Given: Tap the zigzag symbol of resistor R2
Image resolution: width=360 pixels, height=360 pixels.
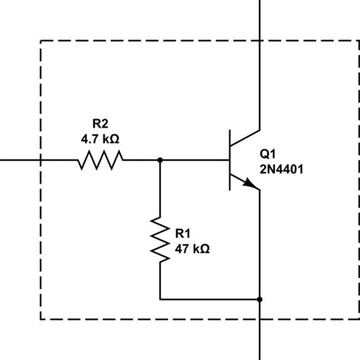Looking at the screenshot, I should (x=99, y=160).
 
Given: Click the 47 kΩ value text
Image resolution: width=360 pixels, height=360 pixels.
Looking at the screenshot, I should (x=191, y=248).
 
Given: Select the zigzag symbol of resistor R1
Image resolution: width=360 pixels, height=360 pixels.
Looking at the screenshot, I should (x=160, y=239).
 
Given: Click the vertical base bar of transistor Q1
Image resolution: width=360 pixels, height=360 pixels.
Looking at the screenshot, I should (x=231, y=160).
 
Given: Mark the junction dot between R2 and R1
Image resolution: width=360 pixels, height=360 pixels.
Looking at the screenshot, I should (x=160, y=160).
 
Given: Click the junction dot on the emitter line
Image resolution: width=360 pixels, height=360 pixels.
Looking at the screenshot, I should (x=261, y=299).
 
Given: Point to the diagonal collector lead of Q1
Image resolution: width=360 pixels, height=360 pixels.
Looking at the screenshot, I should (x=246, y=139).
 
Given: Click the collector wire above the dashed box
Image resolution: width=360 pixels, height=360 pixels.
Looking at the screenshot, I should (x=261, y=19).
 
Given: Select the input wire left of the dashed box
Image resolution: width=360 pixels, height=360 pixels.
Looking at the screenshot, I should (x=19, y=160).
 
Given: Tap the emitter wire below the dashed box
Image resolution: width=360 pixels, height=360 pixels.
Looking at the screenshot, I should (x=261, y=339).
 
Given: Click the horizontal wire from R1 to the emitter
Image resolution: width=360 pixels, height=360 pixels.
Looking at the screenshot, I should (x=209, y=299).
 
